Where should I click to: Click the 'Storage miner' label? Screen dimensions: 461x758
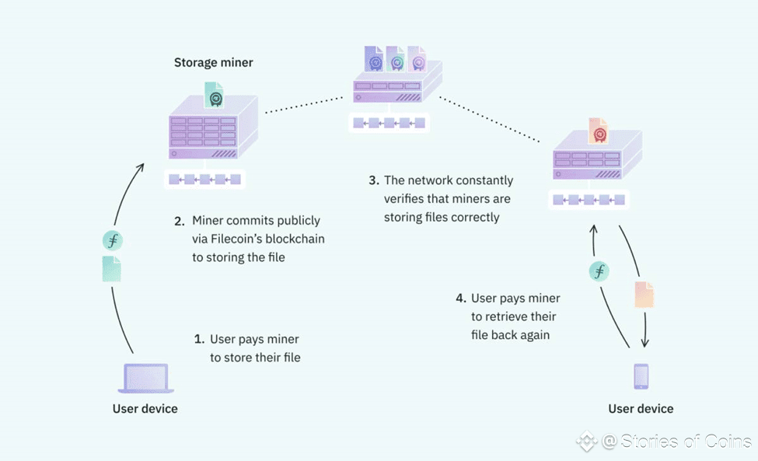213,63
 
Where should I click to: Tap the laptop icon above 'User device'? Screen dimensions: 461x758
145,379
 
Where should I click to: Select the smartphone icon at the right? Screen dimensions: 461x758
641,376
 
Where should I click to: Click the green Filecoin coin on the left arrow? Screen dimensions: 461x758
113,240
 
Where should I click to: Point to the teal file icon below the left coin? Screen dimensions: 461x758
112,269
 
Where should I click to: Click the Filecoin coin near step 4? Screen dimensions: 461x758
599,271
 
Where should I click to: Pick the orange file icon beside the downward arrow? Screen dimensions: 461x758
644,295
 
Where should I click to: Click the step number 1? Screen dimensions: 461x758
199,340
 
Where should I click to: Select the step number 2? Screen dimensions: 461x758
180,221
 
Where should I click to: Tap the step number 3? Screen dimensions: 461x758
374,180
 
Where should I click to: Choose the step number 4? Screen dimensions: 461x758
461,299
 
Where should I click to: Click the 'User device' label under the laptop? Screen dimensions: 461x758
145,409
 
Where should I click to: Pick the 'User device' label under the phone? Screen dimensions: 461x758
641,409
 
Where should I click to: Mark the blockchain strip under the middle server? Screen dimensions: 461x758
389,123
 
